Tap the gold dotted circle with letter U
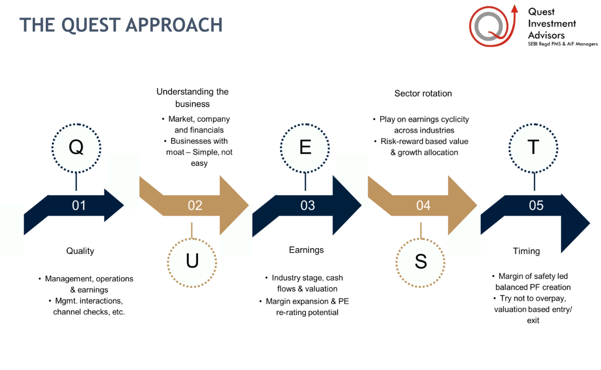[192, 261]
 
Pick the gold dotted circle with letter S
[421, 261]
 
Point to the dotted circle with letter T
[533, 148]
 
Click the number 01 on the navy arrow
[79, 205]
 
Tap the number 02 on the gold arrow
[195, 205]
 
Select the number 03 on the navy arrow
[307, 205]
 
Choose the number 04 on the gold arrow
[423, 205]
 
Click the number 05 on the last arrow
[536, 205]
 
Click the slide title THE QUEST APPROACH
[121, 25]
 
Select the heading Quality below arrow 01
[80, 251]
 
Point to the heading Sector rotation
[423, 93]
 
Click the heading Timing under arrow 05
[526, 251]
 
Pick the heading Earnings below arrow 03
[306, 250]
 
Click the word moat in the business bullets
[175, 152]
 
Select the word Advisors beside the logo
[546, 35]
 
